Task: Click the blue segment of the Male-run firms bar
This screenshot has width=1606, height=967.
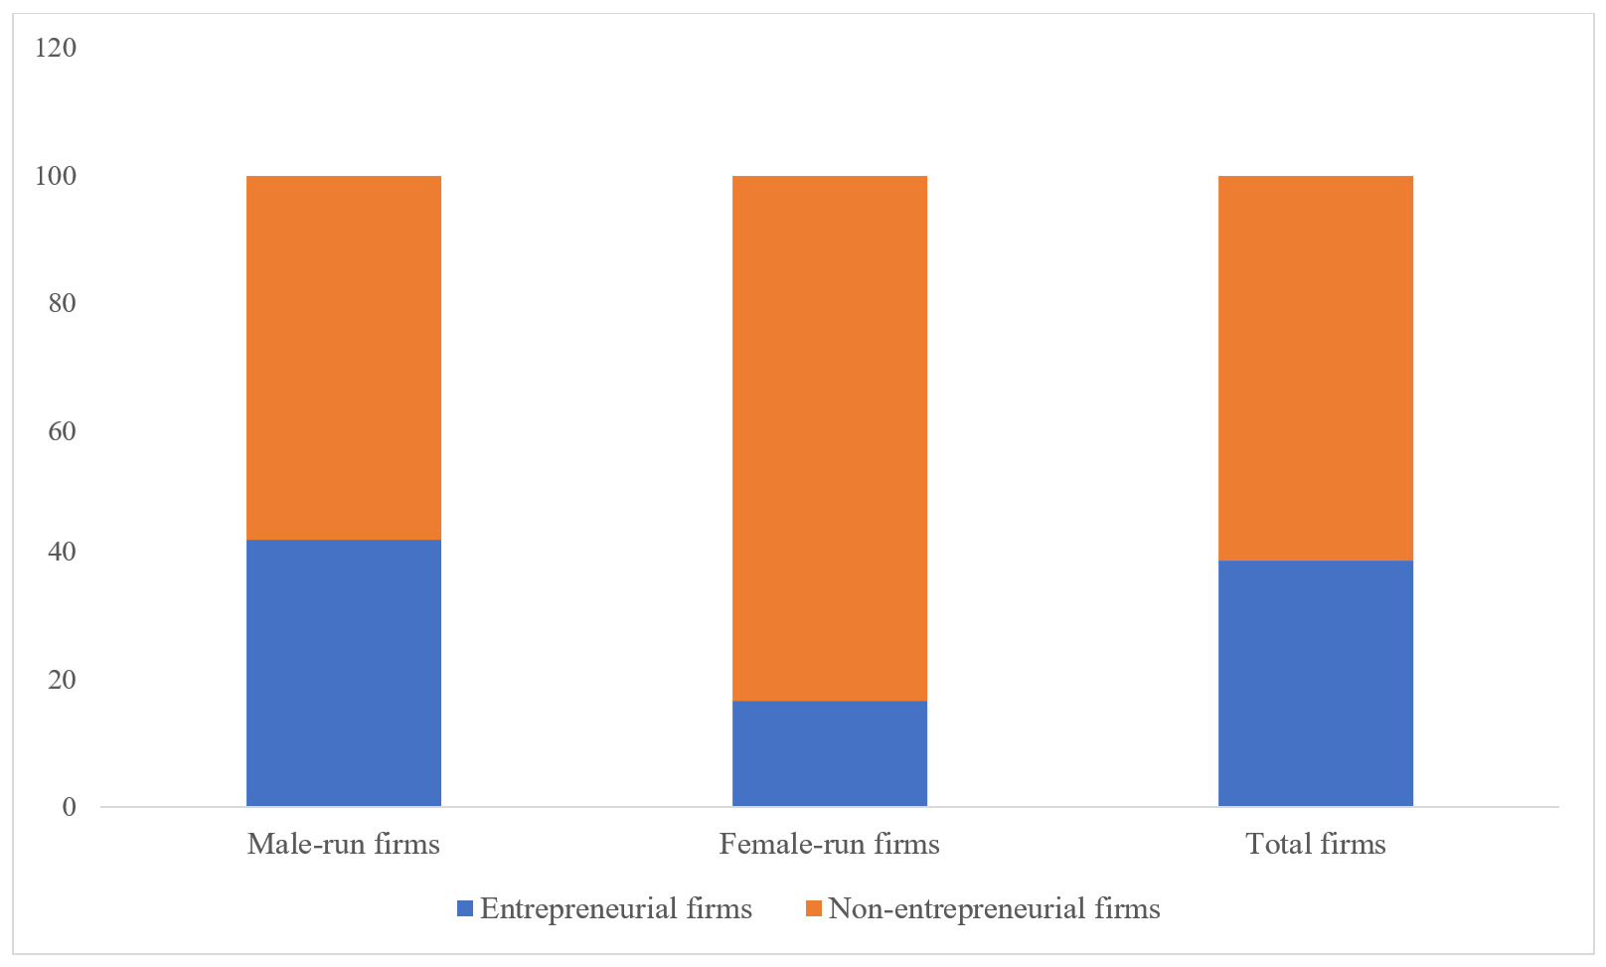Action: point(343,673)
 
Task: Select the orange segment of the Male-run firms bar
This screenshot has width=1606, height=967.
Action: point(343,358)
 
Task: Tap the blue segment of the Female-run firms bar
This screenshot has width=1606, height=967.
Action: point(829,753)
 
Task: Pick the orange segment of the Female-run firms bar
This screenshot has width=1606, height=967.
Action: point(829,438)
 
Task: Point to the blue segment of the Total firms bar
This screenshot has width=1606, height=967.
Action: point(1315,683)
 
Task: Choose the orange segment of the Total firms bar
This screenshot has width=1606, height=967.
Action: point(1315,368)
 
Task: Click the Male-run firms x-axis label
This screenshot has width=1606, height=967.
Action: point(343,845)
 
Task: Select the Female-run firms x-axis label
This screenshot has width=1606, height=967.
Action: point(829,845)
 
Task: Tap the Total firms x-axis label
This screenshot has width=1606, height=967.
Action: point(1315,845)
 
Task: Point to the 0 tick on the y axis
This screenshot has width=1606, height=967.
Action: point(69,807)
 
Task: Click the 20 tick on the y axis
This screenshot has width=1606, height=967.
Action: point(62,681)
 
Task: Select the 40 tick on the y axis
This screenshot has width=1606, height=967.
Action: point(62,553)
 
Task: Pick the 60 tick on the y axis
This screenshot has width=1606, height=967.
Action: point(62,431)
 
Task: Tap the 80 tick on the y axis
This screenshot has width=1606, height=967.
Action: point(62,303)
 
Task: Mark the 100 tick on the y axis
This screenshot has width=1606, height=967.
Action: point(55,177)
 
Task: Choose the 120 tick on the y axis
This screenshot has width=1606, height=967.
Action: point(55,48)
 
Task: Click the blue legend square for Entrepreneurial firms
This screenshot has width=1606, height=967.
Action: point(464,908)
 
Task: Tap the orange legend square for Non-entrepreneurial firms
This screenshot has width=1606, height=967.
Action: point(813,908)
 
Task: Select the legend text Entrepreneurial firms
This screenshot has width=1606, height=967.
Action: point(615,909)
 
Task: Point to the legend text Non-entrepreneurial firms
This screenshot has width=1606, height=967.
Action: point(994,909)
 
